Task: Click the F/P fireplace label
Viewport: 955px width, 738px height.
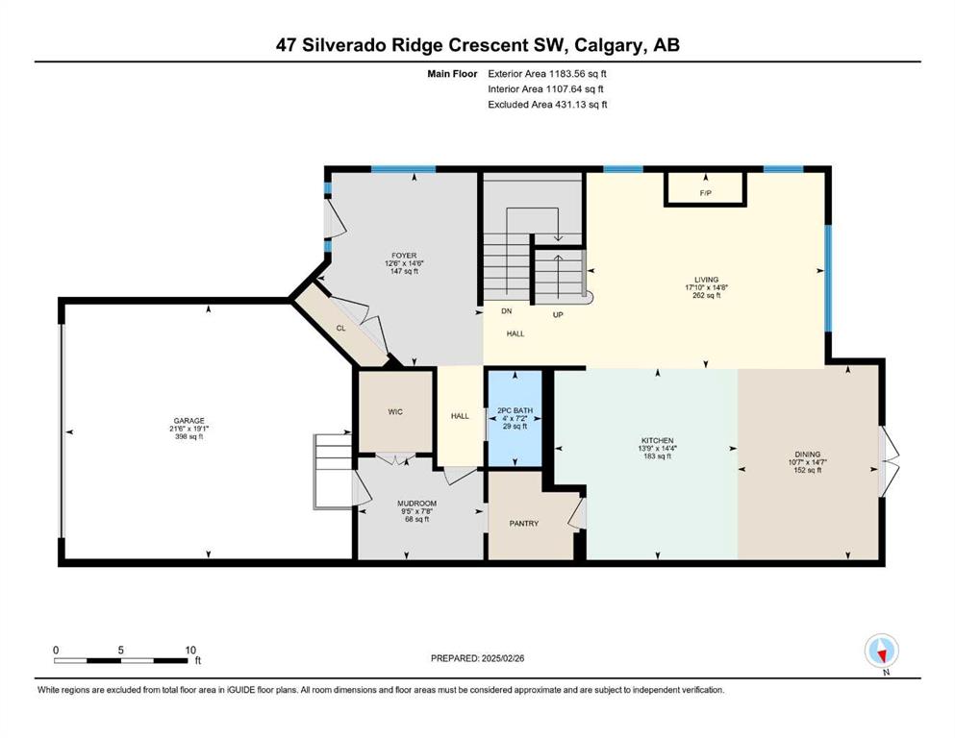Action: point(705,193)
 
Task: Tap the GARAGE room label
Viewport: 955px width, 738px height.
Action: point(188,421)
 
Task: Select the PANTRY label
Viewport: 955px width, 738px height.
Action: point(524,524)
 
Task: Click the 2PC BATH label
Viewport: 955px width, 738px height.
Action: point(515,410)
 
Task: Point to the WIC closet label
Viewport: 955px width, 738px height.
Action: point(395,412)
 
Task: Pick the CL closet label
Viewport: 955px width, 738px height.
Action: point(340,328)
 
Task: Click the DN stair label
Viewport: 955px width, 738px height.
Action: point(506,311)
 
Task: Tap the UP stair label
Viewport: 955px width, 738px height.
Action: point(557,314)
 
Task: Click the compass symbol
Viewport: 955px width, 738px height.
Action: point(881,652)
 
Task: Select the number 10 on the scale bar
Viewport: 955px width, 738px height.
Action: point(190,650)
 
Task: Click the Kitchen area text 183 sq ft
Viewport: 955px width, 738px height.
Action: point(657,456)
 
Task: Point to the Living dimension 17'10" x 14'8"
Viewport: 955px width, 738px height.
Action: point(707,287)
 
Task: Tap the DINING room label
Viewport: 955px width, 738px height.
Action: point(808,454)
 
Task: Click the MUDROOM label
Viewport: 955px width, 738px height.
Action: point(416,504)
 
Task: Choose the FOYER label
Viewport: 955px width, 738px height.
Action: point(405,256)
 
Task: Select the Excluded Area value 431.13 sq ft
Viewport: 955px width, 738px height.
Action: point(581,104)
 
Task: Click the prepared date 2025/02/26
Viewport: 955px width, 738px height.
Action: point(502,658)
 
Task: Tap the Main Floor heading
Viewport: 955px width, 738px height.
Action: point(452,74)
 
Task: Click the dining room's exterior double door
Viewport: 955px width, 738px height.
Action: point(889,460)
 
